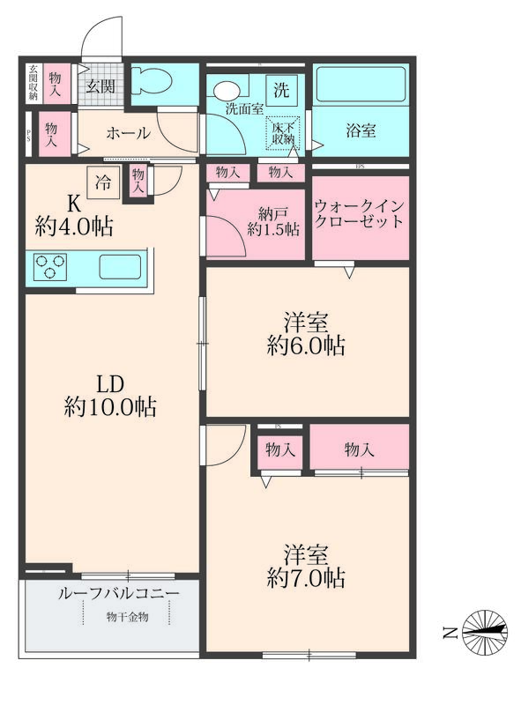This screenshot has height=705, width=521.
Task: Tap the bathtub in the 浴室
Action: point(361,85)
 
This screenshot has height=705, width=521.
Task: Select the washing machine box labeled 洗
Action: point(281,89)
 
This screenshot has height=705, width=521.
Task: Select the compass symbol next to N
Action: point(484,631)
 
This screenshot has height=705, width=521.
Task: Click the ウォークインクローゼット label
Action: point(360,212)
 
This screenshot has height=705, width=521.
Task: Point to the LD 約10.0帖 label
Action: point(110,396)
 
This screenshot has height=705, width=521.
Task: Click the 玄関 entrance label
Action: point(100,85)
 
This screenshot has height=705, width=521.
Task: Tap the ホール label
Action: point(128,134)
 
